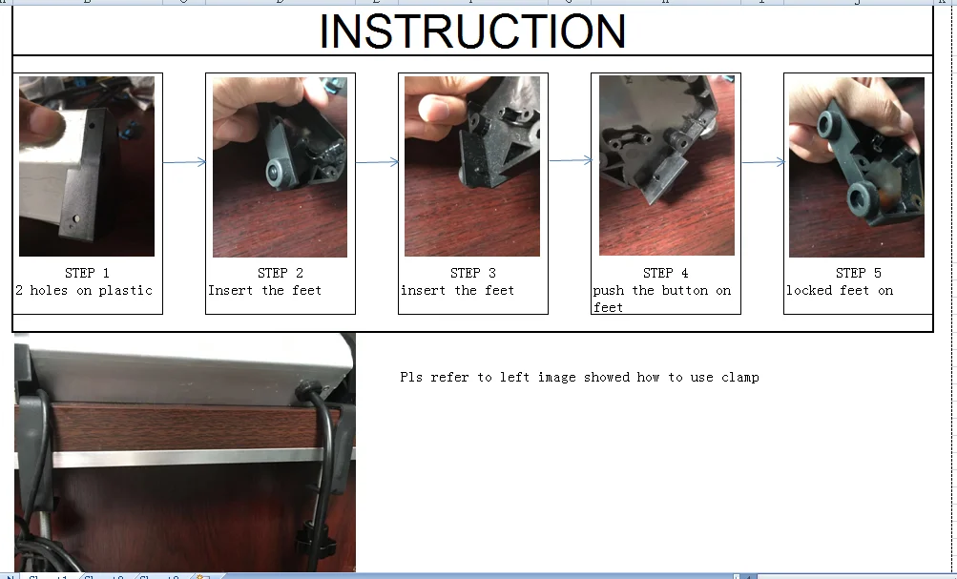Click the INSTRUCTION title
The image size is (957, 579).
click(473, 31)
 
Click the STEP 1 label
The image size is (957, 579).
click(87, 273)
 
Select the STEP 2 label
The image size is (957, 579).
click(281, 273)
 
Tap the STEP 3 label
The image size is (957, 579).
click(473, 273)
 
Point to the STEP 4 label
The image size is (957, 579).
click(666, 273)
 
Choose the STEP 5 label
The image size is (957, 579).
click(859, 273)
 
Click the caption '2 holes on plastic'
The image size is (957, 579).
click(84, 290)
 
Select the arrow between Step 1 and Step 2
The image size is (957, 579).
click(184, 161)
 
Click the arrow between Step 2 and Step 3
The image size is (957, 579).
click(377, 161)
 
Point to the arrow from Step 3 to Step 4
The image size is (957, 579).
click(570, 160)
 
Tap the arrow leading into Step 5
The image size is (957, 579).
click(763, 161)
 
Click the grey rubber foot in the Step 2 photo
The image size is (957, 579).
click(278, 174)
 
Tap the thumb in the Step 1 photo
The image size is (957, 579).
click(41, 122)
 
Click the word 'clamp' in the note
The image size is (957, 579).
click(739, 378)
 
